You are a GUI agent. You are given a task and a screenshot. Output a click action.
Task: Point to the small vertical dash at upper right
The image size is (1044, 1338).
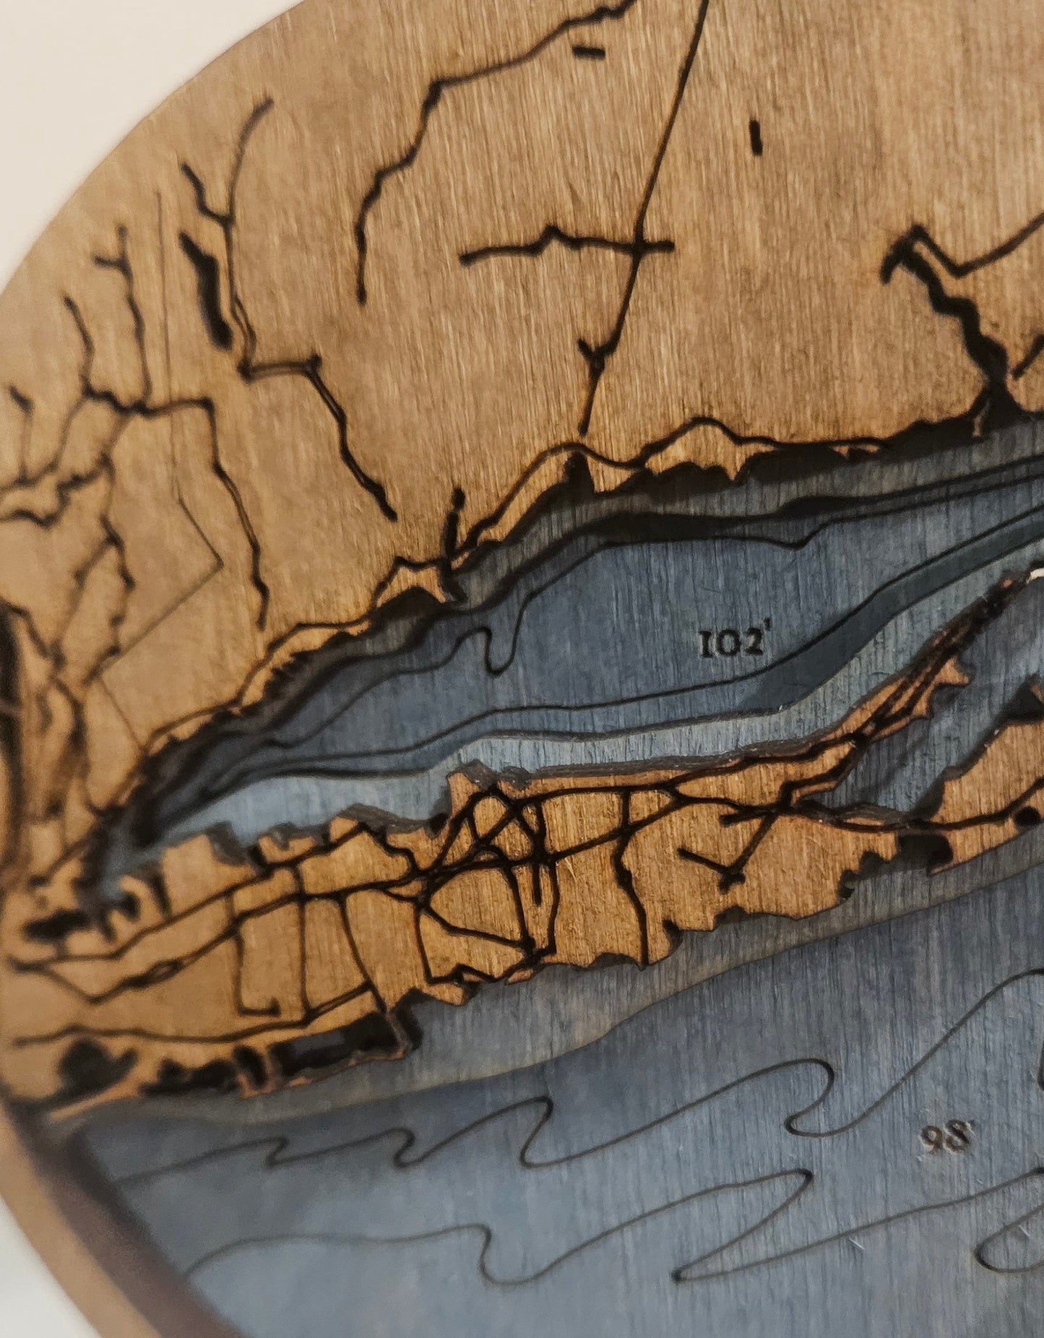pyautogui.click(x=756, y=137)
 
